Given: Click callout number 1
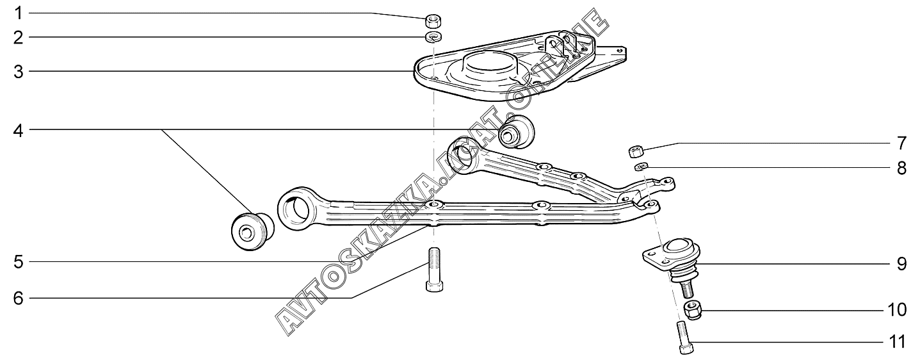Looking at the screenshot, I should [19, 13].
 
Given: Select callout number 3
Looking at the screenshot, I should [19, 72].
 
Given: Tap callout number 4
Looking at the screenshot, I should [19, 131].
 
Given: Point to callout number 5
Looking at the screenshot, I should [19, 261].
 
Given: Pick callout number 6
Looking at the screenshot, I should [19, 298].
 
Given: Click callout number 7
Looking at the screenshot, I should [901, 142].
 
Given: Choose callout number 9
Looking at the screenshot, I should [901, 264].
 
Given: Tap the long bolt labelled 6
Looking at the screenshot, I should [433, 268].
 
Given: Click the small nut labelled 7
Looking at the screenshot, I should [635, 151].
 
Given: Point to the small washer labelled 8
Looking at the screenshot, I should [641, 167].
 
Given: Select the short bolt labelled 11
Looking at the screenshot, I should [682, 337].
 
